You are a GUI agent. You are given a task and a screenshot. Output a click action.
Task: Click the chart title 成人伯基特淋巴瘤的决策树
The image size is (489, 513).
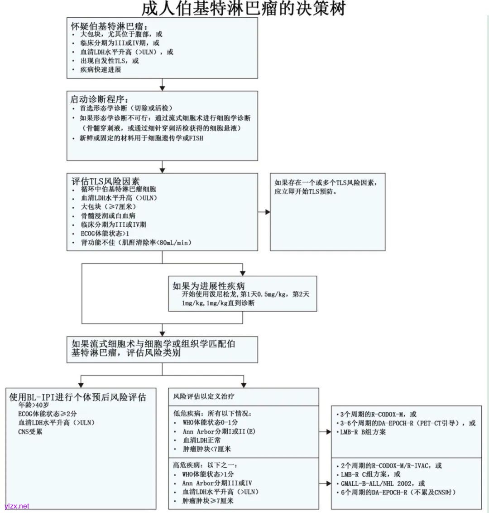point(244,9)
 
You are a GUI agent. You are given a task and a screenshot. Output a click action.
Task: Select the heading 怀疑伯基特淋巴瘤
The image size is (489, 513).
point(109,25)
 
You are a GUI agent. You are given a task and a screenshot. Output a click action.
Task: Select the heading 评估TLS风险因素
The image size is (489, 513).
point(105,181)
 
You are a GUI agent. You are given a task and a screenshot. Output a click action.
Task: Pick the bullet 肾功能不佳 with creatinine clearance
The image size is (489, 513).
point(136,243)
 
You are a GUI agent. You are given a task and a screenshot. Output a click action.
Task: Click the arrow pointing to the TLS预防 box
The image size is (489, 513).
point(265,212)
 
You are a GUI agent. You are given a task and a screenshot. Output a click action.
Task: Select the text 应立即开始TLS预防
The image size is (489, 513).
point(306,191)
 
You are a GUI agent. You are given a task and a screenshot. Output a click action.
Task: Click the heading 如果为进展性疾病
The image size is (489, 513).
point(208,286)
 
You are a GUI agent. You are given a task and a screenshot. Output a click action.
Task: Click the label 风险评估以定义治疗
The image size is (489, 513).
point(204,396)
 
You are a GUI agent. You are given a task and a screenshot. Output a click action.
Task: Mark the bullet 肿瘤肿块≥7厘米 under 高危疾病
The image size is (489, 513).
point(208,501)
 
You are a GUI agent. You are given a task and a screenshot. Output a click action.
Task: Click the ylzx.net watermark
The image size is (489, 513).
point(17,506)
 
